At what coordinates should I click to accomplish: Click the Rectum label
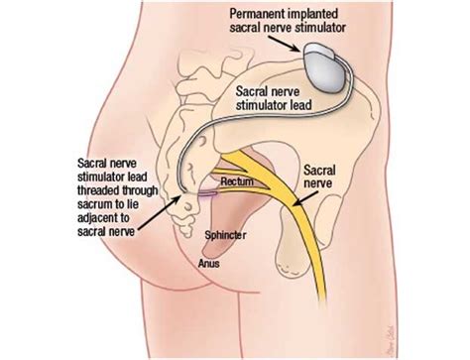[x=235, y=181]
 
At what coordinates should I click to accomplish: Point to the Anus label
[x=209, y=265]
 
